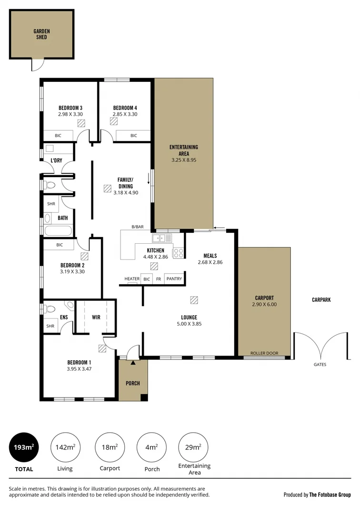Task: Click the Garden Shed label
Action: coord(41,34)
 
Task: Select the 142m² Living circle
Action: coord(65,447)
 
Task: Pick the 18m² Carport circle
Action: coord(110,447)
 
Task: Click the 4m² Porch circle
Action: coord(151,447)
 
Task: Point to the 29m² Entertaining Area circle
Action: coord(193,447)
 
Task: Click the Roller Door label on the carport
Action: coord(264,354)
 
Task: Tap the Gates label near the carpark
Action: coord(320,365)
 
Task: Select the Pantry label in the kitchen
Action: coord(174,279)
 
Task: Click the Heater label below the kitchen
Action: coord(132,279)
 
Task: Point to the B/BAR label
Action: coord(138,227)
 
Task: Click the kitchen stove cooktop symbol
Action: coord(179,253)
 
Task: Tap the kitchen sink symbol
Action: coord(162,237)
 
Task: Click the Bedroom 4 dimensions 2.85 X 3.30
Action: coord(125,114)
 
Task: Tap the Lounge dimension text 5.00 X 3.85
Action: coord(189,324)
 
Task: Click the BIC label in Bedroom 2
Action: coord(60,245)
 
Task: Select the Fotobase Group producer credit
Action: coord(317,495)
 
